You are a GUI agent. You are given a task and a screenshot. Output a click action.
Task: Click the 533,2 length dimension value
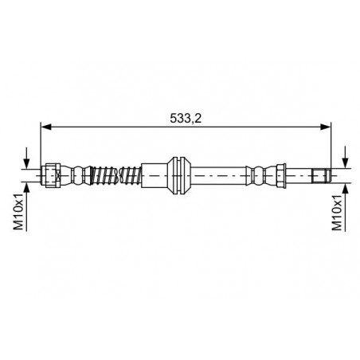click(186, 118)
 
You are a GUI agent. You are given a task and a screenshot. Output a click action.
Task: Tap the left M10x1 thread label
click(18, 212)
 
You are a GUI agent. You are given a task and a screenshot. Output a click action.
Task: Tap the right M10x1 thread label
click(337, 212)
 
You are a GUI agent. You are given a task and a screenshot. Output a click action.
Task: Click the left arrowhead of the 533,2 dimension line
click(45, 127)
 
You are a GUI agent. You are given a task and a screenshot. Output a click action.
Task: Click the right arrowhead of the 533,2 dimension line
click(326, 127)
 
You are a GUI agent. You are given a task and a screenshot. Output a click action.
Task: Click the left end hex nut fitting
click(52, 175)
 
